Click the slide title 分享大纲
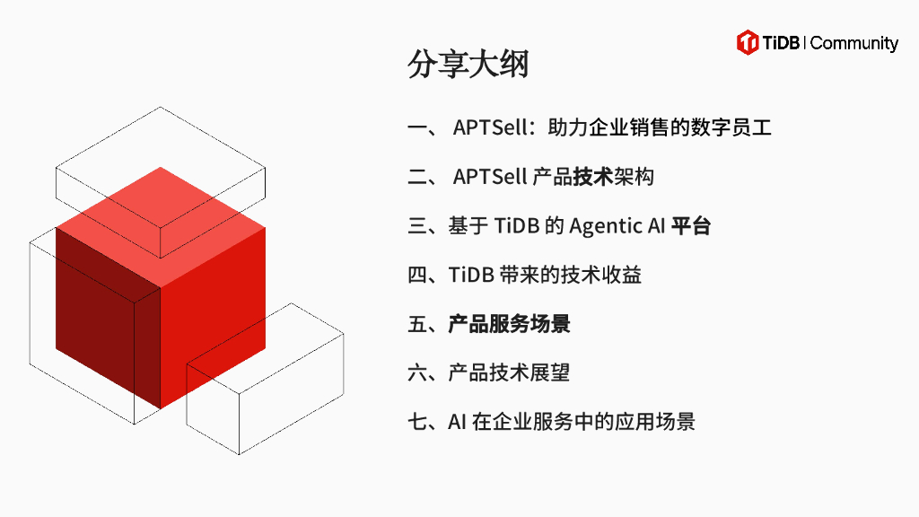tap(468, 66)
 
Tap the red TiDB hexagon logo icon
tap(748, 42)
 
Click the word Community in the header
tap(854, 43)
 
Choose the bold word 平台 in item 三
tap(691, 226)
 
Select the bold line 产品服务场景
tap(509, 324)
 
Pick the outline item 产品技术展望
tap(509, 372)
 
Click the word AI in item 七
tap(457, 422)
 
